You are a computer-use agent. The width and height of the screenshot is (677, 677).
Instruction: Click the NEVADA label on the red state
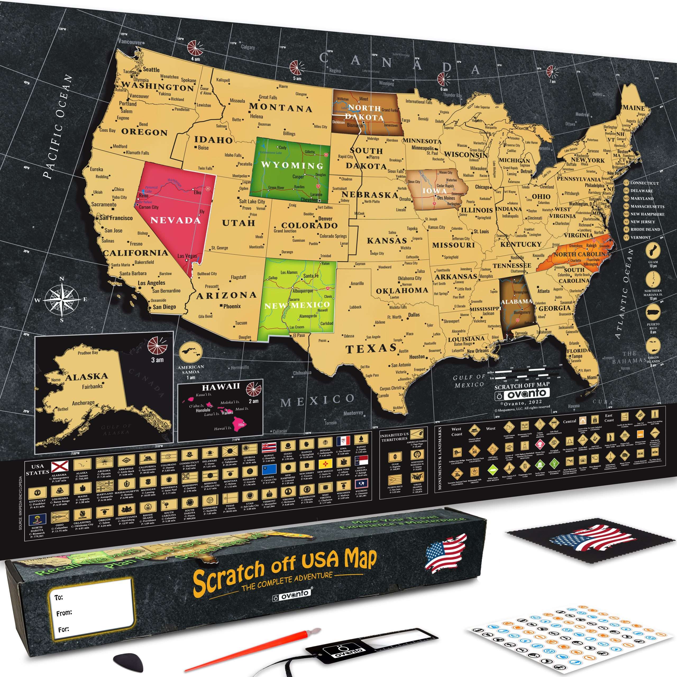(x=175, y=220)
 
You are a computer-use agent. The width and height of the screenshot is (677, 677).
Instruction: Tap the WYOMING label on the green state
(x=292, y=165)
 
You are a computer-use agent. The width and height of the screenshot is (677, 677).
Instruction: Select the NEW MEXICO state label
(x=297, y=305)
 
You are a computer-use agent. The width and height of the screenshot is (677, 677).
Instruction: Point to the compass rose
(x=62, y=299)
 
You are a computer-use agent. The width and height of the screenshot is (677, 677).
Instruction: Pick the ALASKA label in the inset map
(x=86, y=377)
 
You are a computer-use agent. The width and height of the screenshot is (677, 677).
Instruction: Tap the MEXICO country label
(x=317, y=400)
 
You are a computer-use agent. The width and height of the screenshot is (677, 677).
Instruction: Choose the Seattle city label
(x=151, y=70)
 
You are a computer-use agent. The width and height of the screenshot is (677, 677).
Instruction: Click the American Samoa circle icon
(x=191, y=352)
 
